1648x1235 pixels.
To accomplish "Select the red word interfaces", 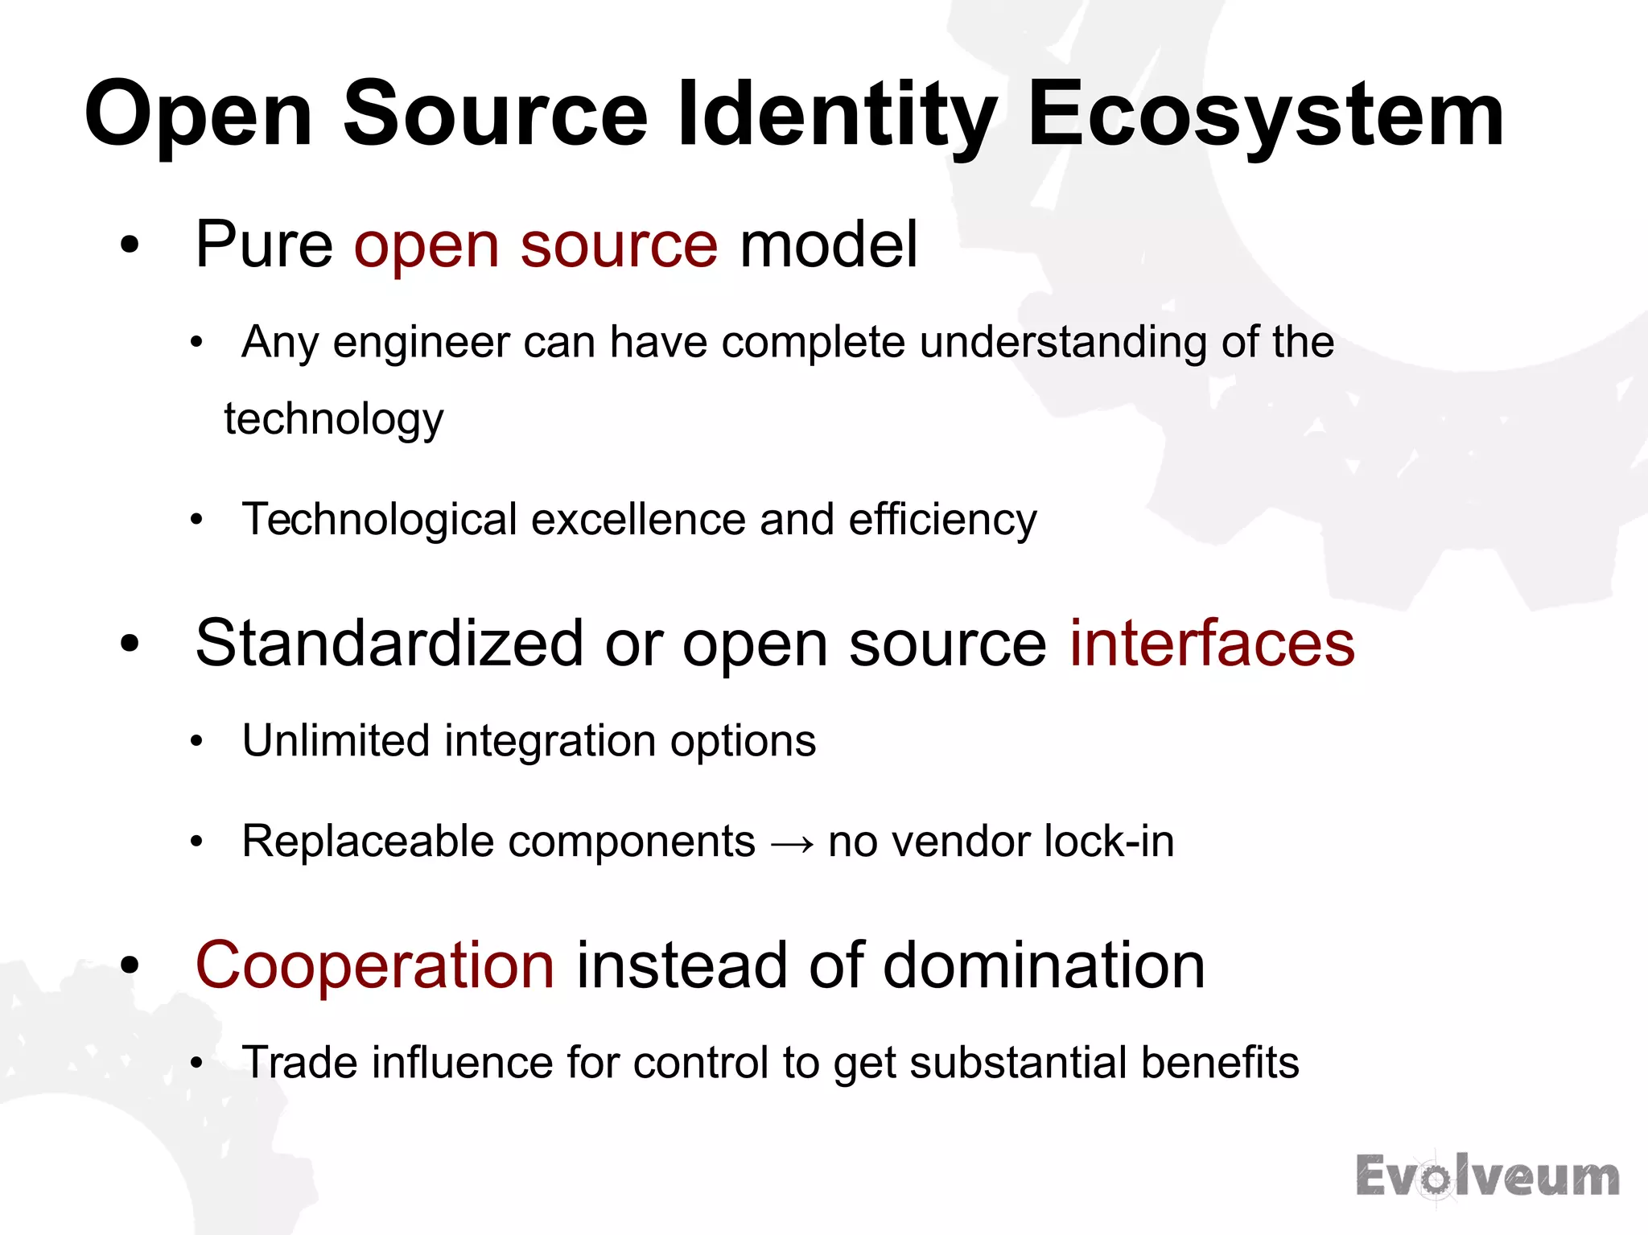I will pos(1212,644).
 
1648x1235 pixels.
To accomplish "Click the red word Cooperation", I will pos(375,965).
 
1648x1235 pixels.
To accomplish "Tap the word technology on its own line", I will pos(334,420).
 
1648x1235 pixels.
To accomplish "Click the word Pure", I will pos(264,245).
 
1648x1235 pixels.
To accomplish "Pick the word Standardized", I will pos(389,644).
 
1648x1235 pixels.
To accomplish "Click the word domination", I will pos(1044,965).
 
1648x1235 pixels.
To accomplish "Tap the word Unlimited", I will pos(336,740).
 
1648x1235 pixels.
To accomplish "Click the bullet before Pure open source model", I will pos(130,246).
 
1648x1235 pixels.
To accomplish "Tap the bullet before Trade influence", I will pos(196,1064).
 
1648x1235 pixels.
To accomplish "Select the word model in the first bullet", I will pos(829,245).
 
